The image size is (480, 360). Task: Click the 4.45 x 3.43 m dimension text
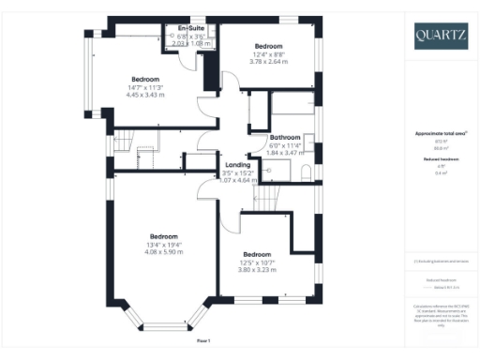pos(145,95)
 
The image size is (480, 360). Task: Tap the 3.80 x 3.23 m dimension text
pos(257,270)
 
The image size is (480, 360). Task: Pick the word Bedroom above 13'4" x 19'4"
pos(163,235)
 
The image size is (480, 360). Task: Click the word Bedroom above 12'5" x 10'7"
pos(257,254)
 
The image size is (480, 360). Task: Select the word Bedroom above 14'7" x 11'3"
pos(145,78)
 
